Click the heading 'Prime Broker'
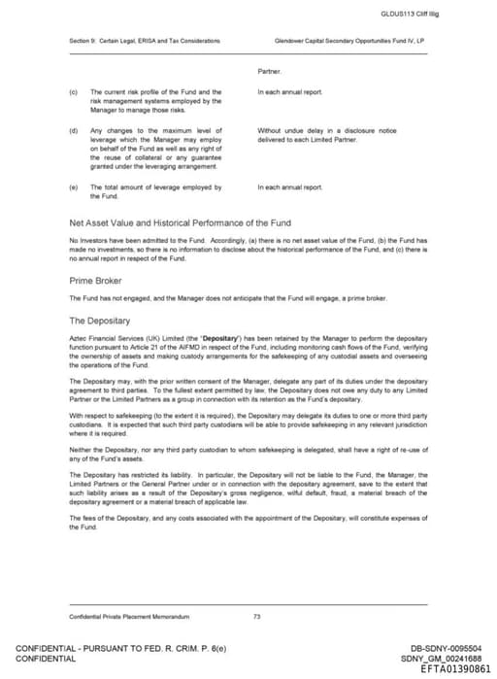click(x=94, y=281)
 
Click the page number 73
click(x=256, y=616)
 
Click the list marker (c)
click(x=73, y=92)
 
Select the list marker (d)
click(x=73, y=130)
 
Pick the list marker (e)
click(x=73, y=187)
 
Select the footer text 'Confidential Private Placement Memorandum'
click(x=128, y=616)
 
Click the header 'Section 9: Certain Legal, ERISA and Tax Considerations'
click(x=144, y=41)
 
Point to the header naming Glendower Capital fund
click(x=350, y=41)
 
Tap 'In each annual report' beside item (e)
click(x=289, y=187)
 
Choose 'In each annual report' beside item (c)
click(x=289, y=92)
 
